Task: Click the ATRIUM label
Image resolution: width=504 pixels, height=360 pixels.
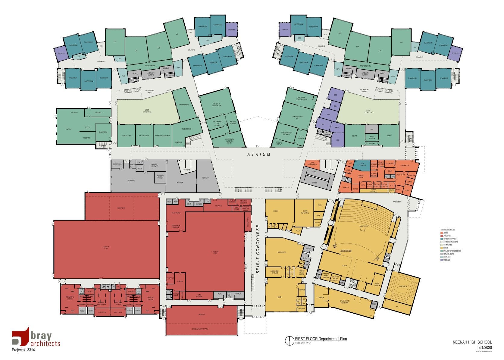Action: (x=259, y=155)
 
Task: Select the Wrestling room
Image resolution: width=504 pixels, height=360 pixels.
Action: (x=121, y=208)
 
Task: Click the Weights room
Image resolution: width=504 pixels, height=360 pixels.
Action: (x=202, y=315)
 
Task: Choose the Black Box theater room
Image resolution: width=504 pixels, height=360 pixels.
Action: (x=403, y=286)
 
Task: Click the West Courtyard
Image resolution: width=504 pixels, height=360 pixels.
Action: (x=147, y=111)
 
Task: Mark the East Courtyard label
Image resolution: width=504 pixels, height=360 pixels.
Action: (x=368, y=111)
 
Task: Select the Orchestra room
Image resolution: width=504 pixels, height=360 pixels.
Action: (x=282, y=252)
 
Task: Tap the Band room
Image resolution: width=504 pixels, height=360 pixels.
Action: (x=279, y=297)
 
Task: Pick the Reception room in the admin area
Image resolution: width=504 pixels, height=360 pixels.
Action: (x=405, y=165)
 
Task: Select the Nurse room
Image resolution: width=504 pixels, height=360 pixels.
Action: (x=355, y=189)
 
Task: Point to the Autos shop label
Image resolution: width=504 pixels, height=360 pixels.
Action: (x=69, y=129)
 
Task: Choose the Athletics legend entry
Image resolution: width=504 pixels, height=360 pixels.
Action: (x=442, y=236)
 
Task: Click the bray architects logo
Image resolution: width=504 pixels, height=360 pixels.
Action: (x=36, y=339)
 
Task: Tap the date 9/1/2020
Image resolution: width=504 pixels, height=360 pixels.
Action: (x=485, y=347)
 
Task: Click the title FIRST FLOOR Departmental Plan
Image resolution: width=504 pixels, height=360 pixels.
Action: (x=321, y=339)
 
